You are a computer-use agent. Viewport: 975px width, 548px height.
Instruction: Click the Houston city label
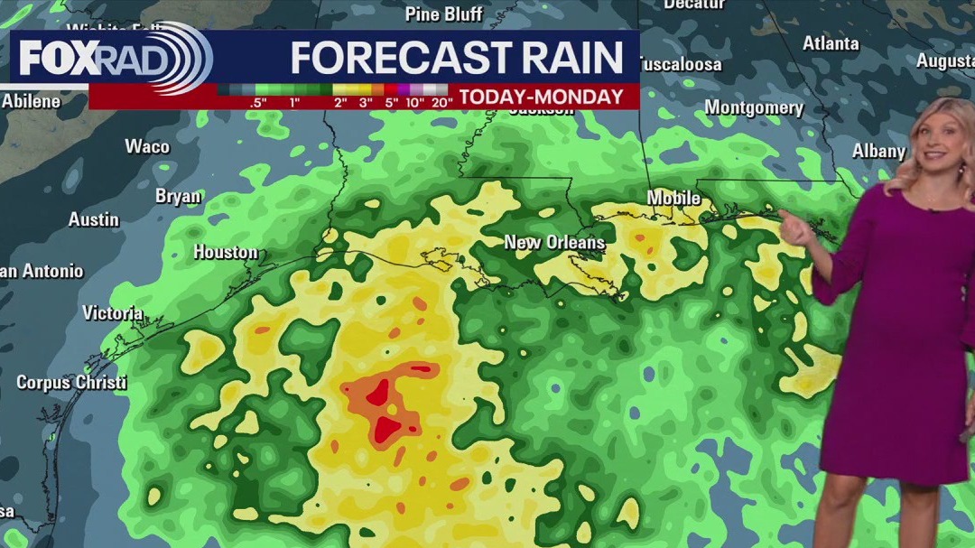226,252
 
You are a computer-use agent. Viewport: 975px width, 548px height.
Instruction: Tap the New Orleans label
554,242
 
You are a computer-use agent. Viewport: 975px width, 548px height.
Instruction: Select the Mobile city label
673,198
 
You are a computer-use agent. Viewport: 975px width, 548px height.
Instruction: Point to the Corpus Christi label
71,383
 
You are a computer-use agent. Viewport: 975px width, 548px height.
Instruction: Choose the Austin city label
94,219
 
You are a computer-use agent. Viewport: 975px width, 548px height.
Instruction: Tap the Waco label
147,146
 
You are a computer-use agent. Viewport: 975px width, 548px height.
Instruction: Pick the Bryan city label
178,196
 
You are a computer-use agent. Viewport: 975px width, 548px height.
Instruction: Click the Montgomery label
754,107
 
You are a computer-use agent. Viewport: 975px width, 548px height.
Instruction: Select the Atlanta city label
831,43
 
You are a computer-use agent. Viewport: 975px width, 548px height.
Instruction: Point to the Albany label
878,151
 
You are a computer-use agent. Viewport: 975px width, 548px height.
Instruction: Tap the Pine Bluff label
444,14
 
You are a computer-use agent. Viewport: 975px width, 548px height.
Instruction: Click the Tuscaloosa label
681,64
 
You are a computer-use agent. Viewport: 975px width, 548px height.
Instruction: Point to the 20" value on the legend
441,101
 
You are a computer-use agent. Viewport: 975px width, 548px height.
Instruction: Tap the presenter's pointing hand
794,230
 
